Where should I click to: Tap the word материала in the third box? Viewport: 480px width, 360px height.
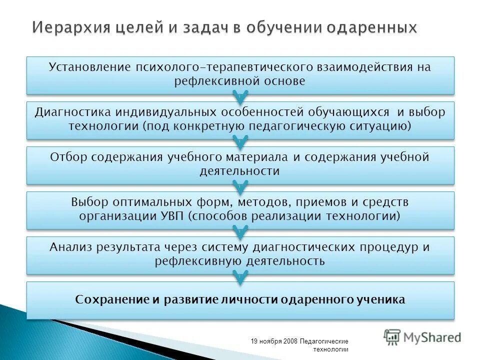coord(263,157)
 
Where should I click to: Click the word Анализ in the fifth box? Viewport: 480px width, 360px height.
coord(67,247)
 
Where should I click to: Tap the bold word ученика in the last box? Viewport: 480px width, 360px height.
coord(382,300)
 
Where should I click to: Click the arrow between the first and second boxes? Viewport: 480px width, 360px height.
coord(240,96)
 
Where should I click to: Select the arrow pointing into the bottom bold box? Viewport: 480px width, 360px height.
coord(240,277)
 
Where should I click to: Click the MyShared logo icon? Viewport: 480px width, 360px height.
coord(392,337)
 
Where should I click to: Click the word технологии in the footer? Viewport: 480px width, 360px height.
coord(330,349)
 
